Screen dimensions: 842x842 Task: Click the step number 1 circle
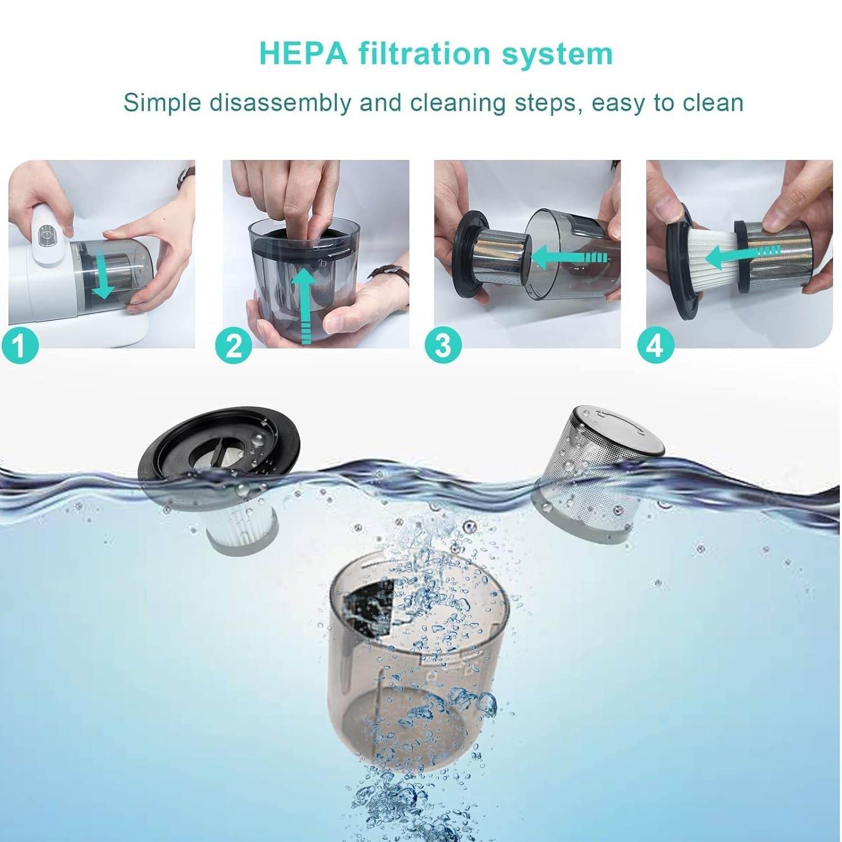(20, 344)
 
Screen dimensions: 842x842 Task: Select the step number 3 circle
(443, 344)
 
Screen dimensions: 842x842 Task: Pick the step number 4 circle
(655, 344)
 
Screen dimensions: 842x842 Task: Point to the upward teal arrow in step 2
(305, 303)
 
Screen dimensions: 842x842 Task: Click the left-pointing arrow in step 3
(567, 258)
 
